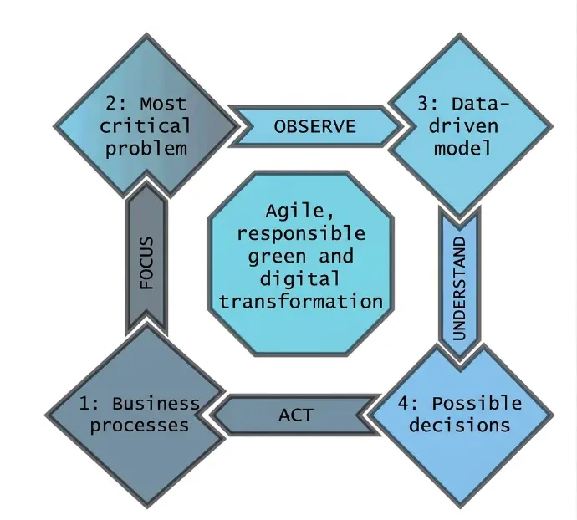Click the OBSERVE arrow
point(314,126)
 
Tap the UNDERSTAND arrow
point(459,278)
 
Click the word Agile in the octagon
point(298,212)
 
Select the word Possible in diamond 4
point(481,403)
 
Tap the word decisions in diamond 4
point(464,425)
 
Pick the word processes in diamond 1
point(140,425)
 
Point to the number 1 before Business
point(84,403)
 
